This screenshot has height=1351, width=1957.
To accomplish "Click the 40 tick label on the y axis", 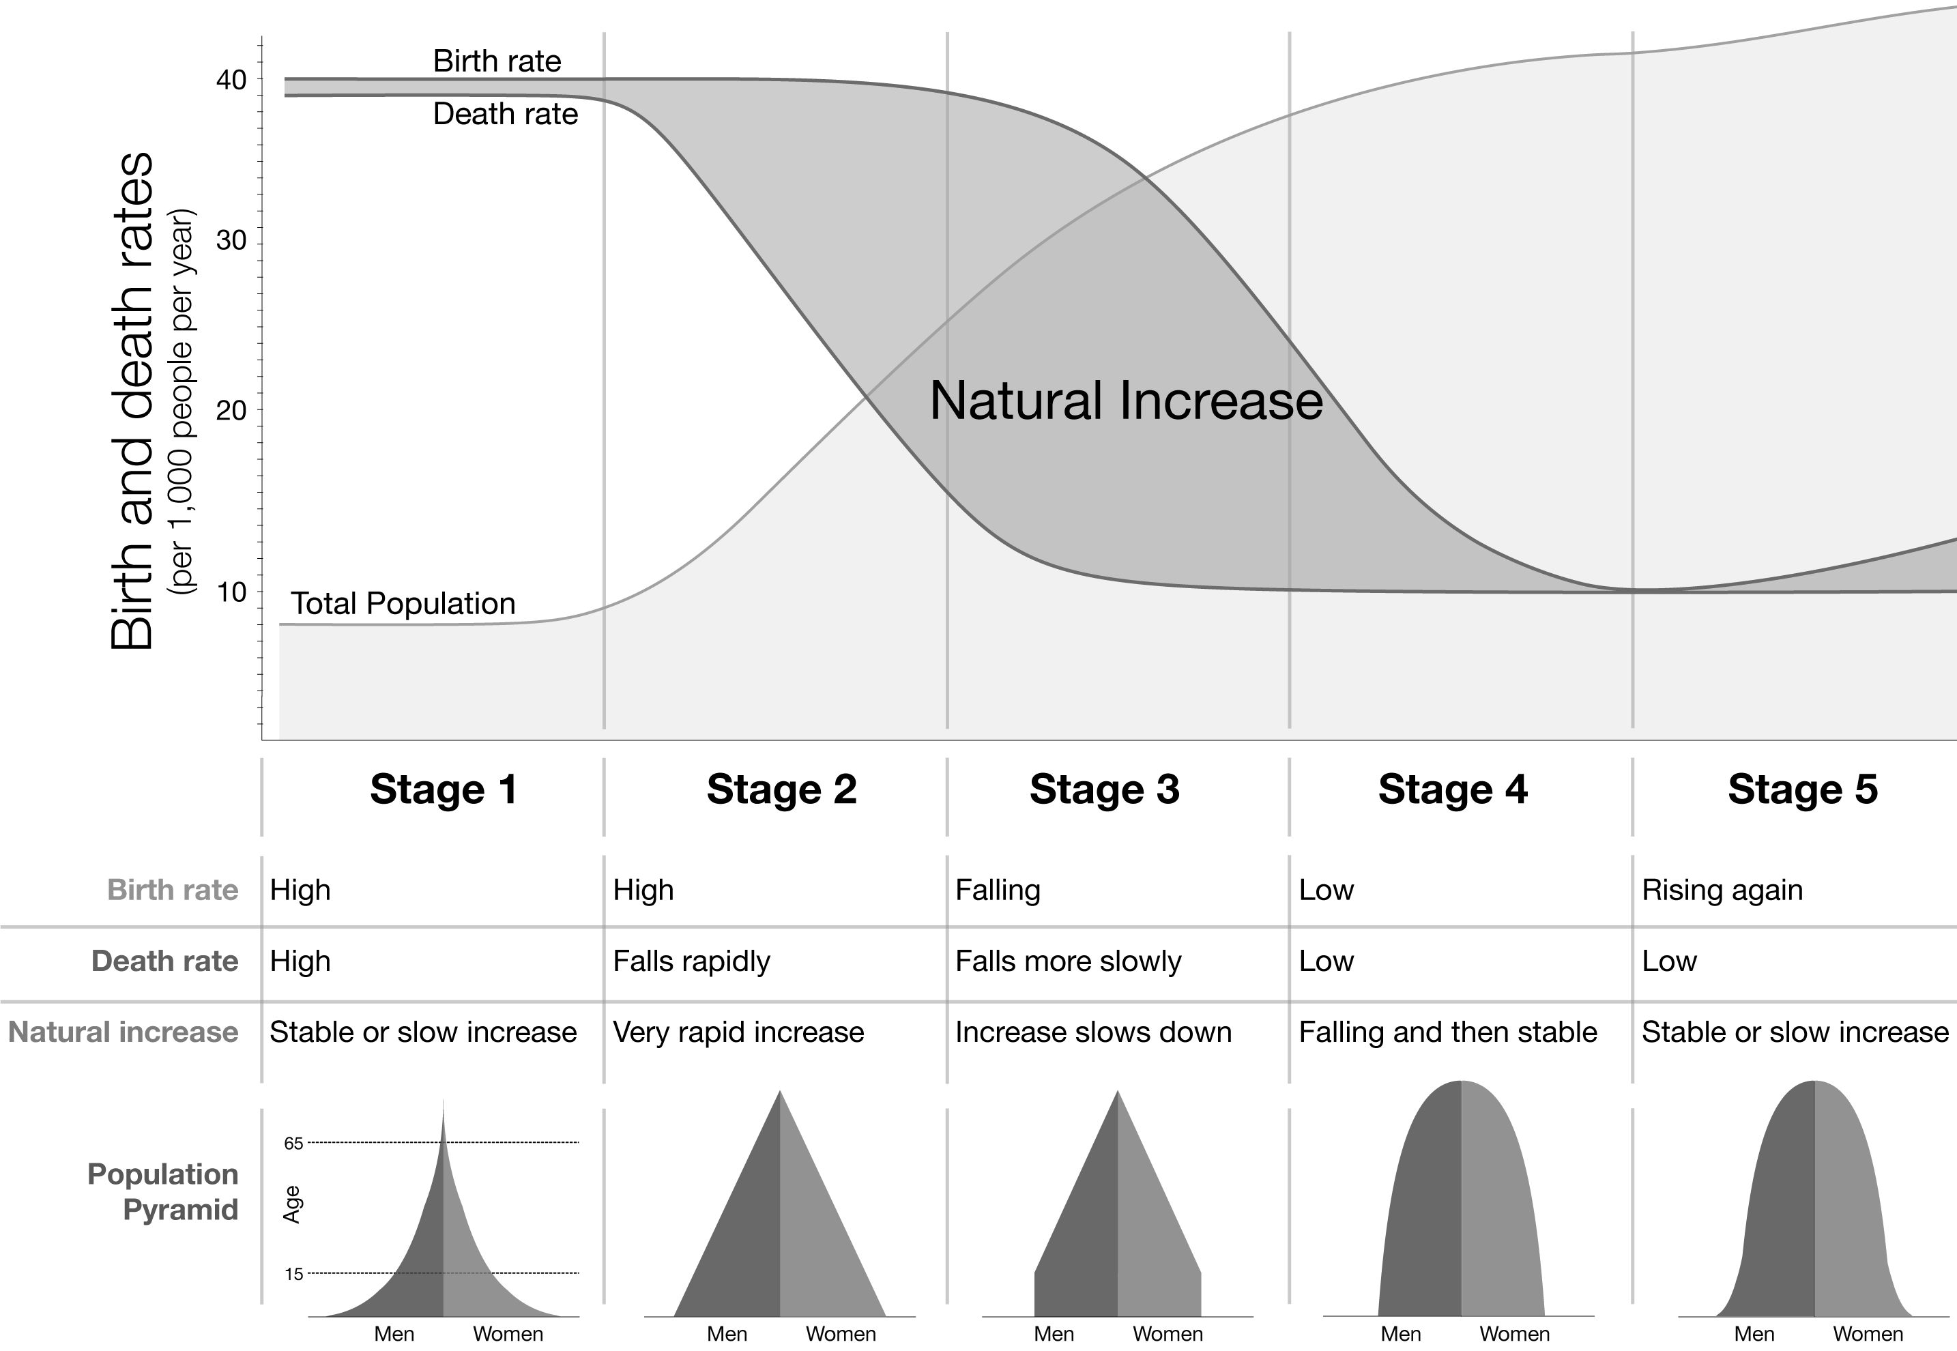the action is pos(231,81).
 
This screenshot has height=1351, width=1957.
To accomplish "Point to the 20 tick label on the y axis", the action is pos(231,411).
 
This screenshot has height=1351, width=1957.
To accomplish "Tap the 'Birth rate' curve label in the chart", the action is pos(497,61).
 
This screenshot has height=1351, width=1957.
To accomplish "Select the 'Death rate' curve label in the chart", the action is pos(506,113).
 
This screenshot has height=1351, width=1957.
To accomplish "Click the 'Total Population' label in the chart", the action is pos(403,604).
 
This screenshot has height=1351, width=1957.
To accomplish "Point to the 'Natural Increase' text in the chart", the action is pos(1126,401).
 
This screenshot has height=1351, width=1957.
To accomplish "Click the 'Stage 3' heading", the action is pos(1104,789).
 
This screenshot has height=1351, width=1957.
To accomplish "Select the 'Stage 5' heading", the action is pos(1803,789).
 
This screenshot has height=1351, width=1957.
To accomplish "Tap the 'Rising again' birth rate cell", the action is pos(1722,890).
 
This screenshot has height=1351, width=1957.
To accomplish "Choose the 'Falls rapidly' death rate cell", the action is pos(691,961).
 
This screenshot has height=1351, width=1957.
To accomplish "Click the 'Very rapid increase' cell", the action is pos(738,1033).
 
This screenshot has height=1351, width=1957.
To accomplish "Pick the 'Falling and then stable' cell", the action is pos(1447,1033).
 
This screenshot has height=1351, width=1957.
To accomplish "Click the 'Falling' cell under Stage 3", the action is pos(998,890).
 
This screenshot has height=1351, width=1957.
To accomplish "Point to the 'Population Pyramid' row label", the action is pos(162,1192).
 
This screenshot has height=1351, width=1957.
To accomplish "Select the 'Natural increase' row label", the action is pos(124,1033).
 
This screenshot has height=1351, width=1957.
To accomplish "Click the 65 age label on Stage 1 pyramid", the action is pos(293,1144).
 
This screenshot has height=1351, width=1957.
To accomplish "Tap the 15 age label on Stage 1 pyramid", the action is pos(293,1275).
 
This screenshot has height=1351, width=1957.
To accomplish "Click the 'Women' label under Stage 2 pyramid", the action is pos(841,1334).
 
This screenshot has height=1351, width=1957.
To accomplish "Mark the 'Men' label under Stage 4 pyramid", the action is pos(1401,1334).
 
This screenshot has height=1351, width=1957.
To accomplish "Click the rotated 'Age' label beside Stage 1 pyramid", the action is pos(292,1204).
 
